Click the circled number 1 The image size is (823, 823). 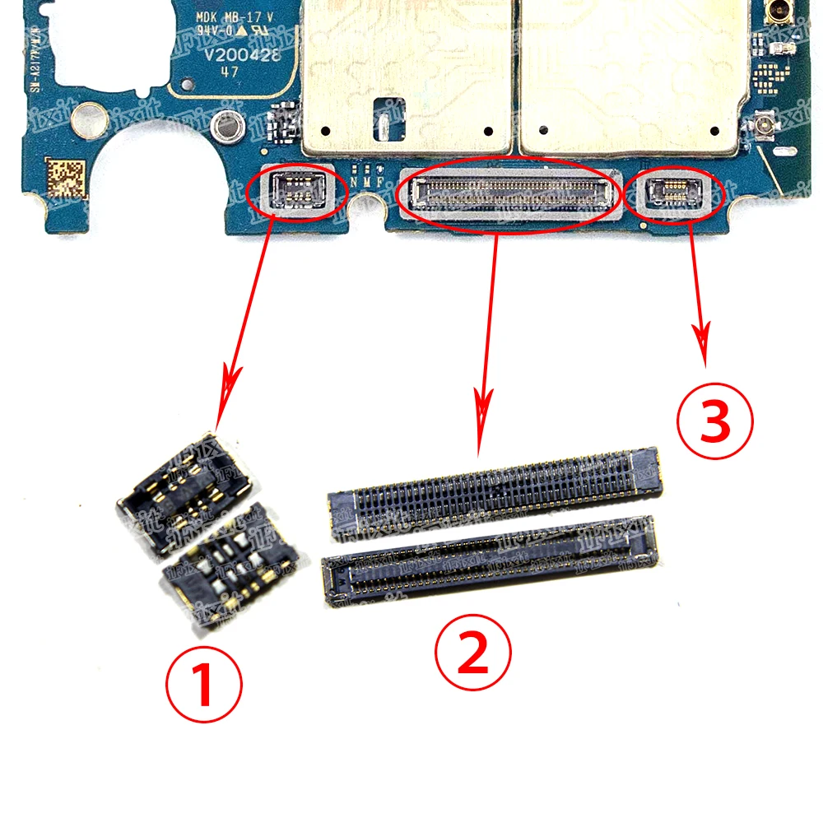click(204, 686)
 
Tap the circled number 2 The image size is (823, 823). click(472, 654)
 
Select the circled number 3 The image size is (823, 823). click(714, 422)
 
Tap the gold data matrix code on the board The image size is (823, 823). click(65, 176)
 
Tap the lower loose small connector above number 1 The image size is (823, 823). click(230, 567)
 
